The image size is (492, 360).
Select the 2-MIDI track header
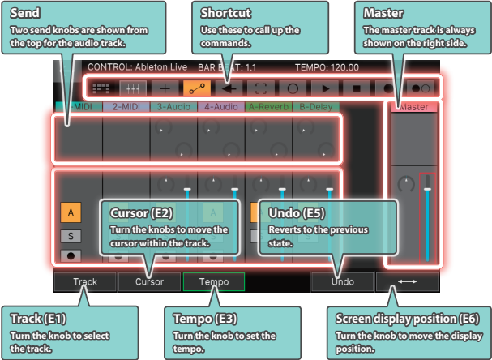(x=126, y=106)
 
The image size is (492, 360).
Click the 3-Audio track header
(x=173, y=106)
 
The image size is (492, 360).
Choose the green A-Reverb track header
(x=268, y=106)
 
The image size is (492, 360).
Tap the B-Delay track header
(x=315, y=106)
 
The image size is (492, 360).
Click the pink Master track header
(x=413, y=106)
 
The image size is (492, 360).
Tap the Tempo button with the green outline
(x=214, y=281)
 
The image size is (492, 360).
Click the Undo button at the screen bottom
(x=342, y=281)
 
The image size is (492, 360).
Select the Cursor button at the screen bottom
(x=149, y=281)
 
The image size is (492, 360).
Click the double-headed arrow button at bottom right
(x=407, y=281)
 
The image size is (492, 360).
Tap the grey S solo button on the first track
(x=71, y=236)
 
